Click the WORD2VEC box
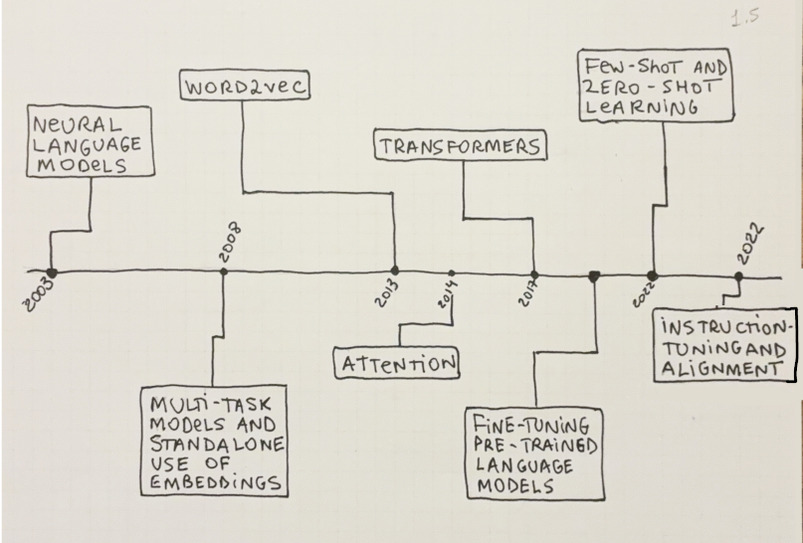244,87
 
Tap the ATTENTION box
396,364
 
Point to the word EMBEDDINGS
210,481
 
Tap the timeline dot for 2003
52,271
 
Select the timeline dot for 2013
395,271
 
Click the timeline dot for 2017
534,274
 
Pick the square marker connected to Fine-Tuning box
594,276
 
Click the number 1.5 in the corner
741,19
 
